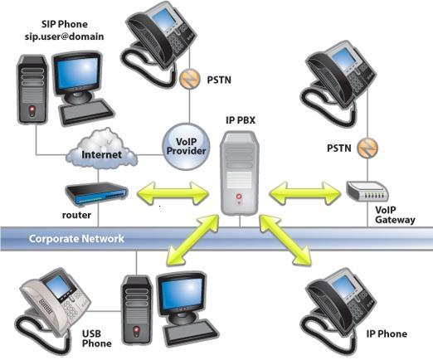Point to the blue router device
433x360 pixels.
(97, 192)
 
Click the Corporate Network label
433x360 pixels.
(76, 239)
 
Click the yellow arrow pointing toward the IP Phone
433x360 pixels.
(287, 241)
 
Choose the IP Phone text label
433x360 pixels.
(387, 333)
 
